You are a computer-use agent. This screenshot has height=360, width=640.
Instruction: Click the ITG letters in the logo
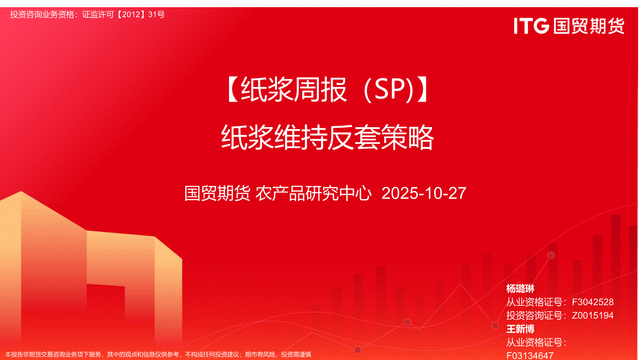[531, 26]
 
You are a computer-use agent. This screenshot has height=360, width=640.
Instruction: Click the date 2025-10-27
[424, 193]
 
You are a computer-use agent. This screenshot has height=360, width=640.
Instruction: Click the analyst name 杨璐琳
[520, 288]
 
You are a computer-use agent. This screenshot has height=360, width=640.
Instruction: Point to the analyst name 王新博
[520, 329]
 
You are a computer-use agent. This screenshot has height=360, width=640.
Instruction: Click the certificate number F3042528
[592, 302]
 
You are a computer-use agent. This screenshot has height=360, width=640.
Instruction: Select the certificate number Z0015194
[592, 315]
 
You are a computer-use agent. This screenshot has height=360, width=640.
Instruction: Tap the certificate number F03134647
[530, 356]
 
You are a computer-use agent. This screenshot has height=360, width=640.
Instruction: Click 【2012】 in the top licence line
[131, 14]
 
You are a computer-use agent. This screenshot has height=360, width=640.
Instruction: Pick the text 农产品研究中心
[314, 193]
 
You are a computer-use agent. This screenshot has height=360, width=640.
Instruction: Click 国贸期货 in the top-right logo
[589, 26]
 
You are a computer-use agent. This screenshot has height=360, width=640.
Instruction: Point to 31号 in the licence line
[157, 14]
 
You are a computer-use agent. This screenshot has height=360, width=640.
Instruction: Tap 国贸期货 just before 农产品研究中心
[217, 193]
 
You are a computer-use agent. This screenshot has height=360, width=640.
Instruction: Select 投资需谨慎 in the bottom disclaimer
[296, 355]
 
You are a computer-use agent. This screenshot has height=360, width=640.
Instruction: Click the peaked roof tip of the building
[21, 192]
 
